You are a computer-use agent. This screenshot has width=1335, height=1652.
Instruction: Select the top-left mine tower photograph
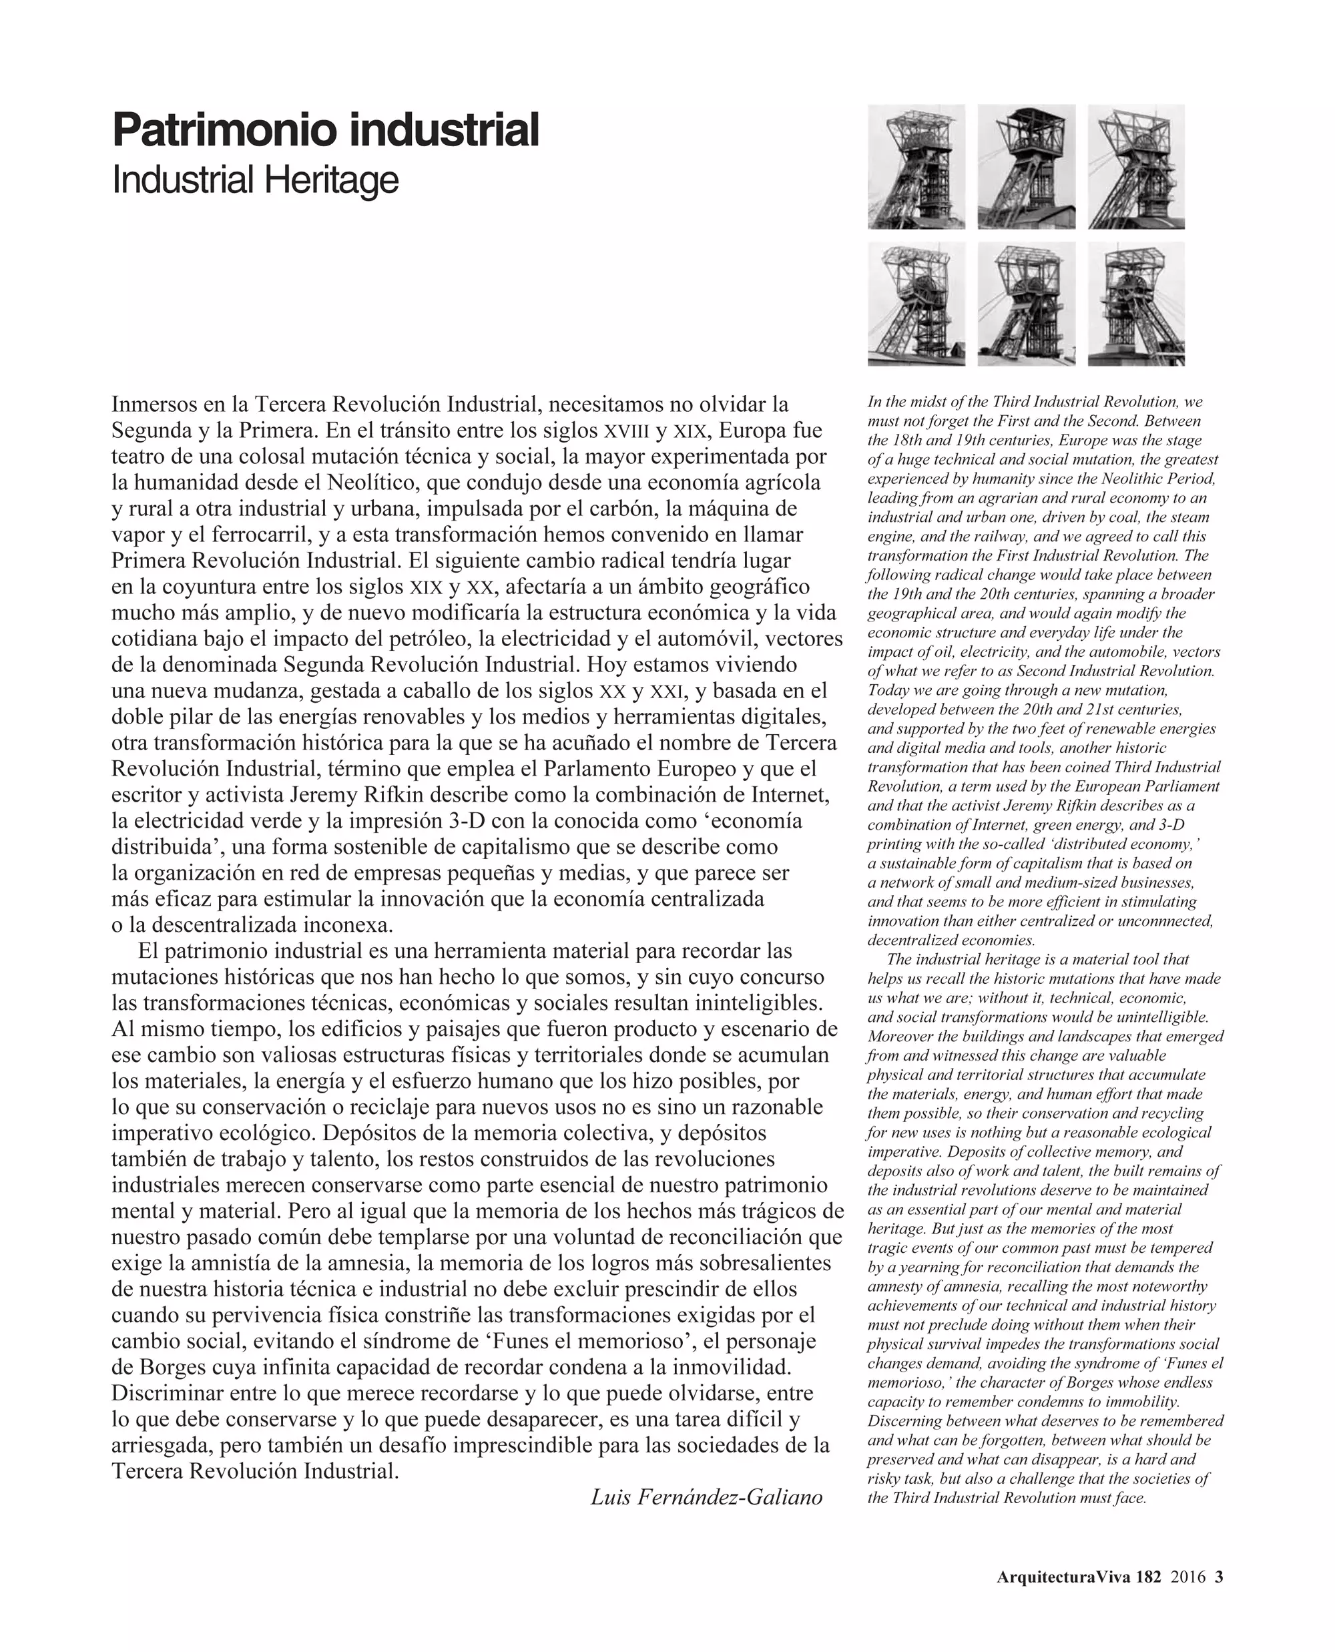click(x=916, y=167)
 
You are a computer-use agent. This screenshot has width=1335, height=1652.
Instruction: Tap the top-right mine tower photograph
click(x=1136, y=167)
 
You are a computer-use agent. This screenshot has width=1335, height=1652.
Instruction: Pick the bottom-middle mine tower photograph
click(x=1026, y=304)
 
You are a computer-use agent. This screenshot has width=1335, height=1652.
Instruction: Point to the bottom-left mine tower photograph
click(x=916, y=304)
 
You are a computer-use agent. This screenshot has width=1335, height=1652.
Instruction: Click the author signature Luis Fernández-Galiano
click(x=706, y=1496)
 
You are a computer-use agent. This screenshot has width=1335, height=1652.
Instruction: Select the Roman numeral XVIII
click(x=626, y=431)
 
